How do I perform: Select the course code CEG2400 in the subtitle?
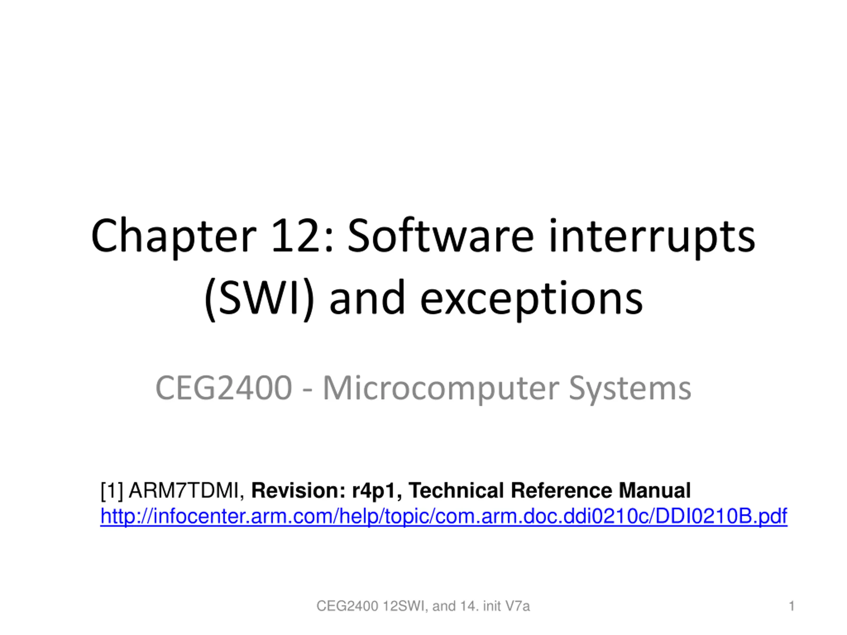(224, 388)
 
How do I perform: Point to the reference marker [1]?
(112, 491)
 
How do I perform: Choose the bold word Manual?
(655, 491)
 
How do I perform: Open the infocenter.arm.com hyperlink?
(444, 517)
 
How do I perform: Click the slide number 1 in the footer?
(791, 606)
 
